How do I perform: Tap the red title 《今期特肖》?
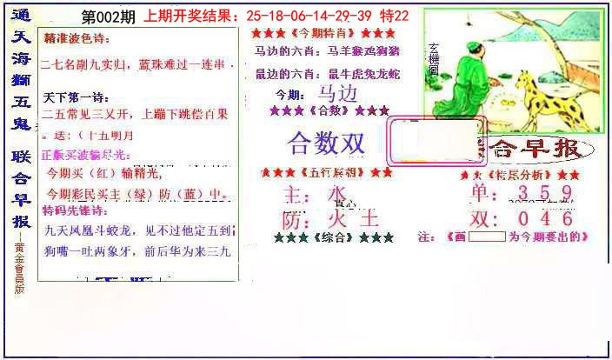(x=317, y=33)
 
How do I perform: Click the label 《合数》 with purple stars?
(x=329, y=111)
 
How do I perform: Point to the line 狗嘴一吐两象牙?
(x=96, y=251)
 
